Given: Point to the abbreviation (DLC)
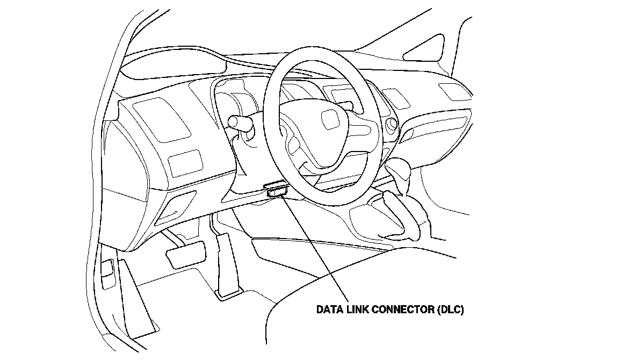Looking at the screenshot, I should tap(450, 310).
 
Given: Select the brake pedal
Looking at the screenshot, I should tap(186, 252).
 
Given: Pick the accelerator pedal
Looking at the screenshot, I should tap(226, 263).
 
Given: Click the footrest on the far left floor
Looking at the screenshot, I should tap(137, 301).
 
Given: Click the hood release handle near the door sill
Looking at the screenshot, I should tap(107, 268).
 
